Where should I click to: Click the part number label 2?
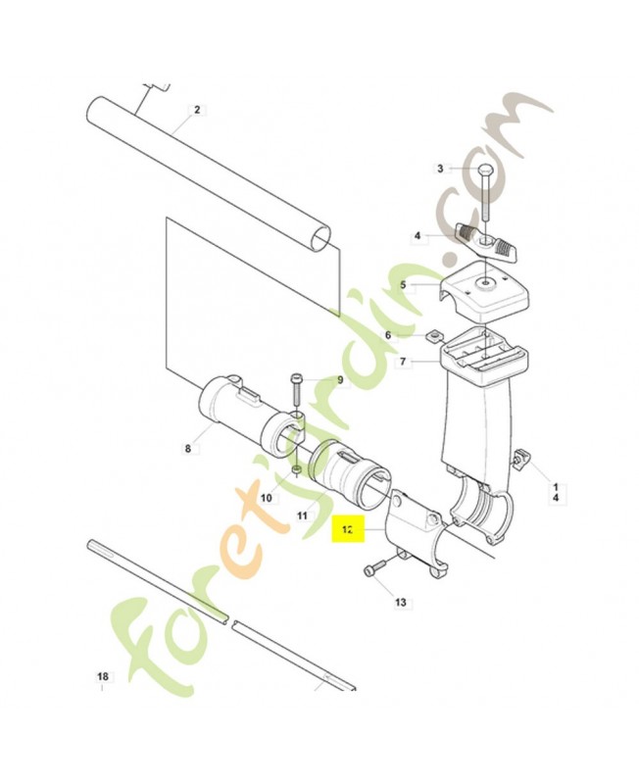tap(197, 110)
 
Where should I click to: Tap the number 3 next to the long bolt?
tap(440, 169)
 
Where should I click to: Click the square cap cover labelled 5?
tap(485, 294)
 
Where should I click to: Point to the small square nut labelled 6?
tap(434, 336)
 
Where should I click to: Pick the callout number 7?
tap(403, 362)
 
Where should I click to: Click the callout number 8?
tap(188, 449)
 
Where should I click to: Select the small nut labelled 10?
tap(297, 470)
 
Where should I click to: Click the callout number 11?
tap(302, 515)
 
